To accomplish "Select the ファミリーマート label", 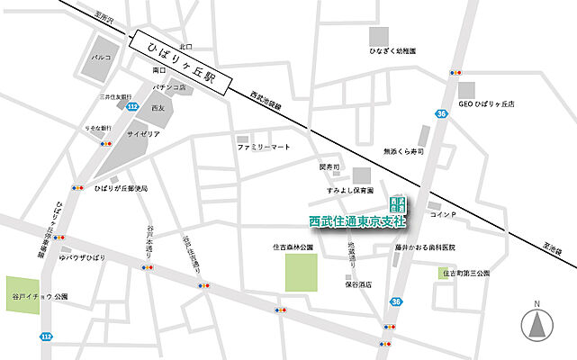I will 265,146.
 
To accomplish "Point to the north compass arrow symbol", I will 536,324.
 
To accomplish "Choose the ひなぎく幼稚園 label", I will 392,52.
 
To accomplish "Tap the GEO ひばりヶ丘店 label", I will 486,104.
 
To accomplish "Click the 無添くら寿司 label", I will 402,152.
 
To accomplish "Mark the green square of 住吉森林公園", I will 302,273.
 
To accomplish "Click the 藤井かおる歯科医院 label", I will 425,247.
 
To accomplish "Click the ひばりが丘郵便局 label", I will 121,189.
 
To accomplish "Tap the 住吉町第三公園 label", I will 465,273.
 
